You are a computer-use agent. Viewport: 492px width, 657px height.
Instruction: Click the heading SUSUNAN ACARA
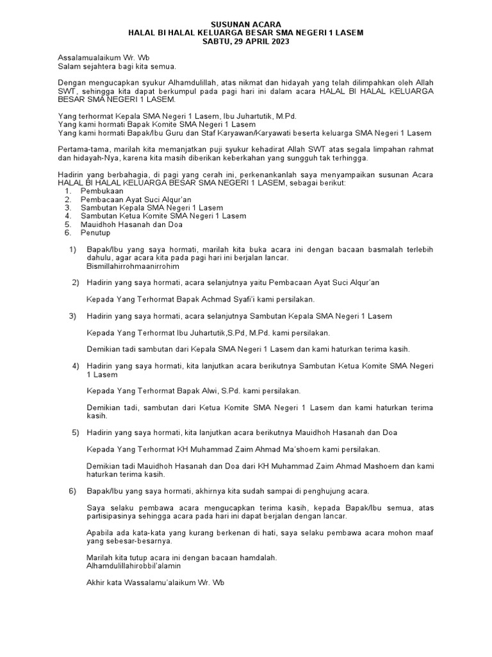[x=245, y=24]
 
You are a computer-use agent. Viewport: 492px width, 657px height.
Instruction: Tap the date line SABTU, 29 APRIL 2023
[x=245, y=41]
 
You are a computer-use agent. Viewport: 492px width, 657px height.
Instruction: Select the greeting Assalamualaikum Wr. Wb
[x=94, y=58]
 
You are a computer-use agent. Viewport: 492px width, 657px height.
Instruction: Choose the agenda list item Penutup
[x=95, y=233]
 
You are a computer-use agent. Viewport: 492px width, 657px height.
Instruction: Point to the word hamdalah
[x=255, y=558]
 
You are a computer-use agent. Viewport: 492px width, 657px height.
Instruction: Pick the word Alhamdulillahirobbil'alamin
[x=134, y=566]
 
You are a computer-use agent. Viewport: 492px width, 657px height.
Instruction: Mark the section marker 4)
[x=76, y=366]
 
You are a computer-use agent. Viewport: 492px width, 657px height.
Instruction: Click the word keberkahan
[x=263, y=157]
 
